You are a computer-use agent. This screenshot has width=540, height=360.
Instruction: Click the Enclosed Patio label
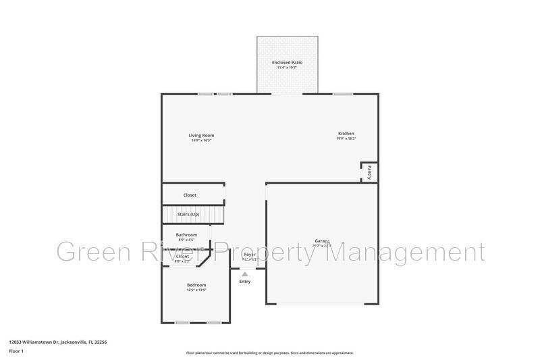point(287,62)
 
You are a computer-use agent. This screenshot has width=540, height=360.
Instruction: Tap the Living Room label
point(201,135)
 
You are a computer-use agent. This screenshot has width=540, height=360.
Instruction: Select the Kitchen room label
point(346,134)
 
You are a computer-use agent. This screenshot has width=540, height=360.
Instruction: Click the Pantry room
point(369,172)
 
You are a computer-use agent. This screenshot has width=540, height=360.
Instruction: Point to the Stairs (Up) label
point(188,214)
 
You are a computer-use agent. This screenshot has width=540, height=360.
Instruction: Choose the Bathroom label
point(186,234)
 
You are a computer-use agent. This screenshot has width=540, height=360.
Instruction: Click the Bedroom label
point(196,285)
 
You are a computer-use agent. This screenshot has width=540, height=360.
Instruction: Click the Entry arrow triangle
point(244,274)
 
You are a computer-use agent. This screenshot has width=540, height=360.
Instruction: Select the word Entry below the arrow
point(244,282)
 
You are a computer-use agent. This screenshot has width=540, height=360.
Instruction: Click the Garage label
point(321,241)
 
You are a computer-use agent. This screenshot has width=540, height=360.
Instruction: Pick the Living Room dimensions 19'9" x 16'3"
point(201,140)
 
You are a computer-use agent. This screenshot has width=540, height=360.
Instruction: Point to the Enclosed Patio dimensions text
point(287,68)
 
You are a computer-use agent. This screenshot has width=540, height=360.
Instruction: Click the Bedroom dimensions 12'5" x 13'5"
point(196,290)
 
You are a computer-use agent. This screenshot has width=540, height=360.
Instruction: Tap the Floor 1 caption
point(16,351)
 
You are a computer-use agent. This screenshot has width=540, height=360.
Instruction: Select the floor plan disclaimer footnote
point(269,353)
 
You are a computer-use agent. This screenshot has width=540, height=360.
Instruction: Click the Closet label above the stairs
point(190,195)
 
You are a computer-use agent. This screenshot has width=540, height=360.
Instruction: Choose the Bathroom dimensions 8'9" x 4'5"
point(186,240)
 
